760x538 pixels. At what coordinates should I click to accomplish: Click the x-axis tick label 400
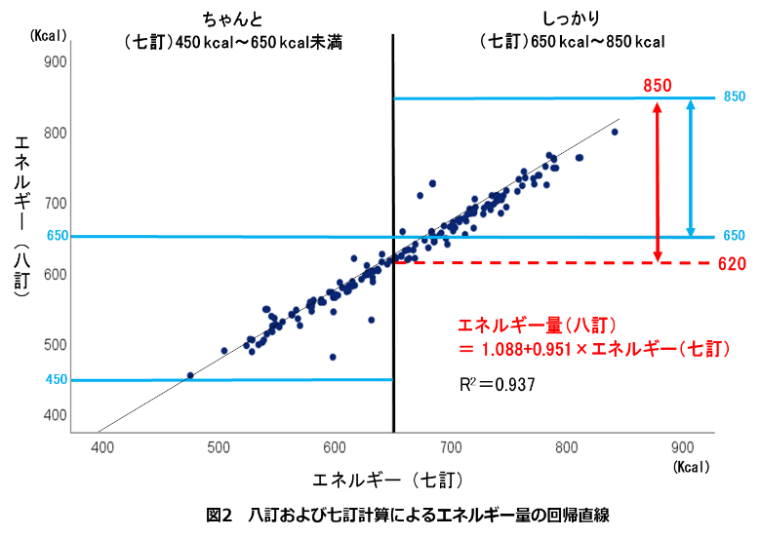tap(102, 447)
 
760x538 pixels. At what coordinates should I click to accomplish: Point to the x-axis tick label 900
tap(683, 447)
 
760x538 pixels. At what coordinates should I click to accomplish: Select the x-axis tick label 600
tap(335, 447)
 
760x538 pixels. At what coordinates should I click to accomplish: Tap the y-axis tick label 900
tap(56, 62)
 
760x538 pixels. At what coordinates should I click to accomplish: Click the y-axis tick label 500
tap(56, 345)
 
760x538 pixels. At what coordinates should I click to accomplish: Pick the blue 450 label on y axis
tap(57, 380)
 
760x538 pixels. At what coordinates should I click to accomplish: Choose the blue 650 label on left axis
tap(57, 237)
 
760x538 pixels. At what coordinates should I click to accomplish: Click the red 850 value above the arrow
tap(658, 87)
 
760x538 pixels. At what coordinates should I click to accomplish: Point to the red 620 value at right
tap(733, 264)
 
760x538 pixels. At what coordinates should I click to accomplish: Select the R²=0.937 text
tap(497, 385)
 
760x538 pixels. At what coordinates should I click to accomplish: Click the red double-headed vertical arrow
tap(658, 180)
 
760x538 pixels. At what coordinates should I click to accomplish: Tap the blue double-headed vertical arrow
tap(691, 168)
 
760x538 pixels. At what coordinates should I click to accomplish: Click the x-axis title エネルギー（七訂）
tap(386, 480)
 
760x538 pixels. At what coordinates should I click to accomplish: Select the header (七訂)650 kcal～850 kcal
tap(573, 42)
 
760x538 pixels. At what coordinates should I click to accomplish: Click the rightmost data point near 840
tap(615, 132)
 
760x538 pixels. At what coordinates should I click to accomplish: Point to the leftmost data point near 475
tap(190, 375)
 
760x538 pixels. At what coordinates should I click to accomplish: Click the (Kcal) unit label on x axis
tap(691, 468)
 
